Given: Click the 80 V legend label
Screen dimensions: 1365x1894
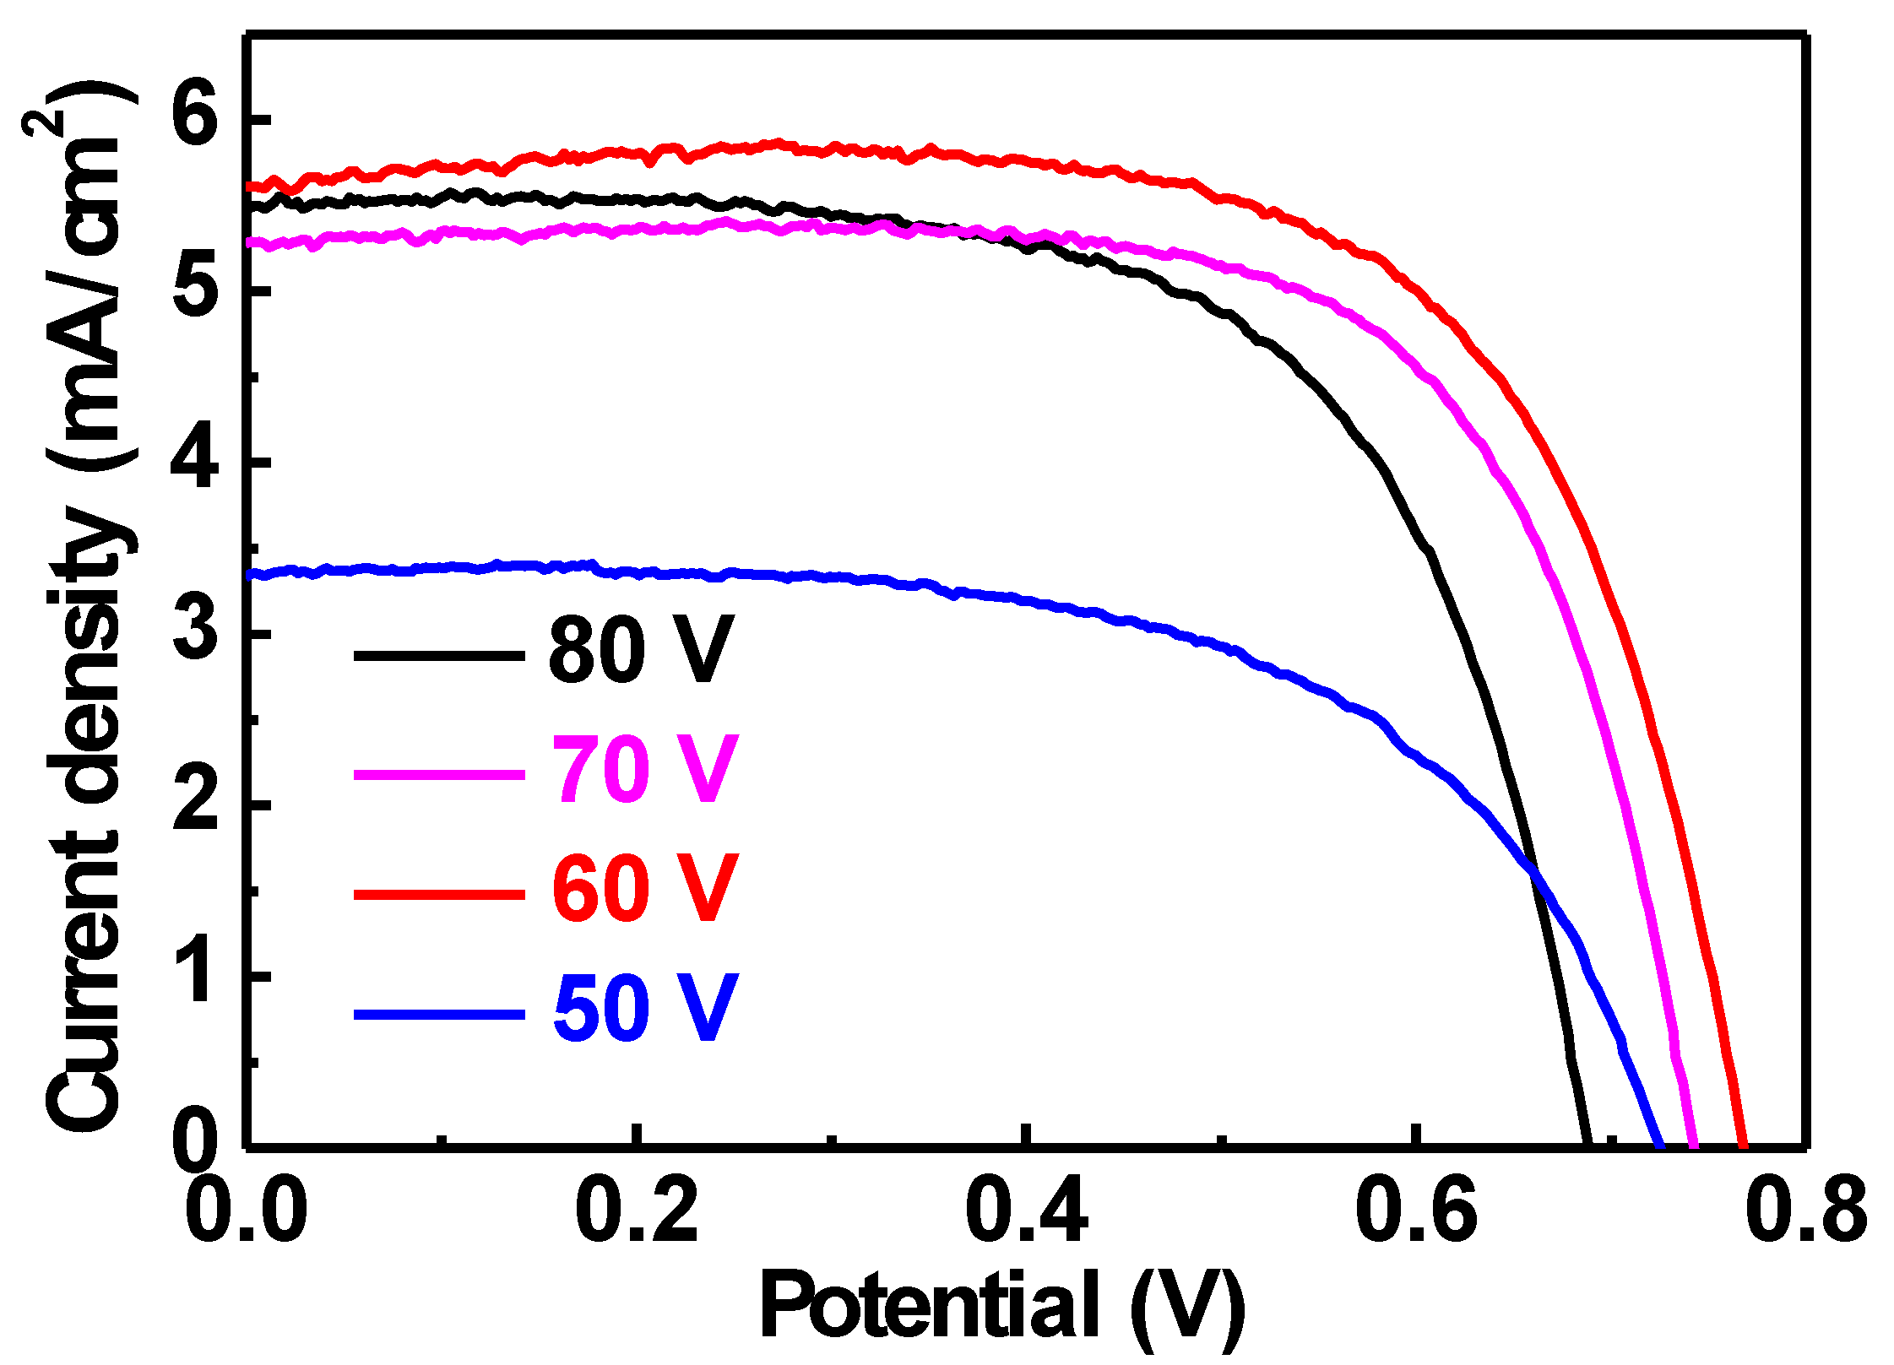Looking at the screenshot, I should tap(640, 650).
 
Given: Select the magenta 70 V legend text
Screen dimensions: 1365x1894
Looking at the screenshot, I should tap(643, 769).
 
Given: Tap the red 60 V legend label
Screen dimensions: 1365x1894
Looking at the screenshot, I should tap(643, 888).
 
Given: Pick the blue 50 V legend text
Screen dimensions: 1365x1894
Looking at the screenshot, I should tap(643, 1007).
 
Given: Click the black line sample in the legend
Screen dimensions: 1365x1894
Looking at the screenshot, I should tap(439, 655).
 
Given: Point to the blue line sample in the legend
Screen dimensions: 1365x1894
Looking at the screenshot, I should tap(439, 1014).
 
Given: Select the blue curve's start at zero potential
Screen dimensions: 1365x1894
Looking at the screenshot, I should tap(251, 575).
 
